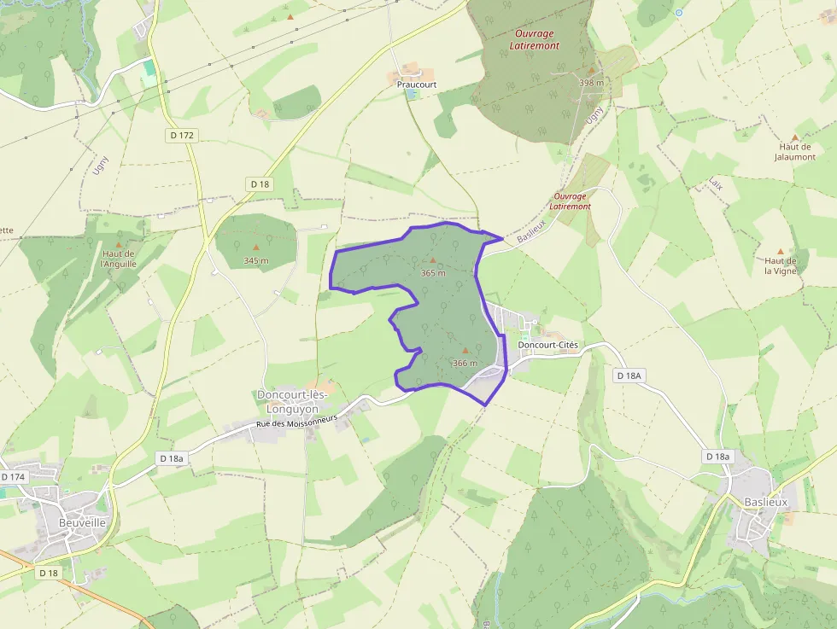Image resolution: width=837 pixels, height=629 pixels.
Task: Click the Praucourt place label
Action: click(x=417, y=84)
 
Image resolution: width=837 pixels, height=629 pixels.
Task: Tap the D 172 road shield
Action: click(x=181, y=135)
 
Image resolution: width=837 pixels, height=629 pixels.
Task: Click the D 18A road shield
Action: click(x=629, y=375)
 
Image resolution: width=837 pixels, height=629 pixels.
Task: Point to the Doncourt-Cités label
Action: click(x=547, y=345)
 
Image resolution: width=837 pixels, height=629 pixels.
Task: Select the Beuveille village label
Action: click(x=82, y=522)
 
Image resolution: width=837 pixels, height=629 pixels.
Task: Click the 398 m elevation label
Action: click(x=591, y=83)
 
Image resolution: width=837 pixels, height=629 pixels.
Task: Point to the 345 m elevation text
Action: click(x=255, y=260)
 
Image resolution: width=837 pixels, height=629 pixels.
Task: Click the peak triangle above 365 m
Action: click(x=433, y=260)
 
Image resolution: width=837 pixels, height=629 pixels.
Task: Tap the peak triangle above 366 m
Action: click(x=465, y=350)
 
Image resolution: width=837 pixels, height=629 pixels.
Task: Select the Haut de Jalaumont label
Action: click(x=794, y=152)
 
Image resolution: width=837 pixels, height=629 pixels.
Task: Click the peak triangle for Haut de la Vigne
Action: click(x=781, y=250)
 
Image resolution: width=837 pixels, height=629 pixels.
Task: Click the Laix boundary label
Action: click(x=715, y=183)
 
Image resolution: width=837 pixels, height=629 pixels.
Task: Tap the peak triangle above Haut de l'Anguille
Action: click(x=119, y=244)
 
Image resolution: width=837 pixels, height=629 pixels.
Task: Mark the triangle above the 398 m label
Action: click(x=591, y=70)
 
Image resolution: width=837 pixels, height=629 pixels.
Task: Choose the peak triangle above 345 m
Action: click(x=255, y=248)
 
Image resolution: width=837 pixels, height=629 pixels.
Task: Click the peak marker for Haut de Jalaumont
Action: click(x=795, y=137)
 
